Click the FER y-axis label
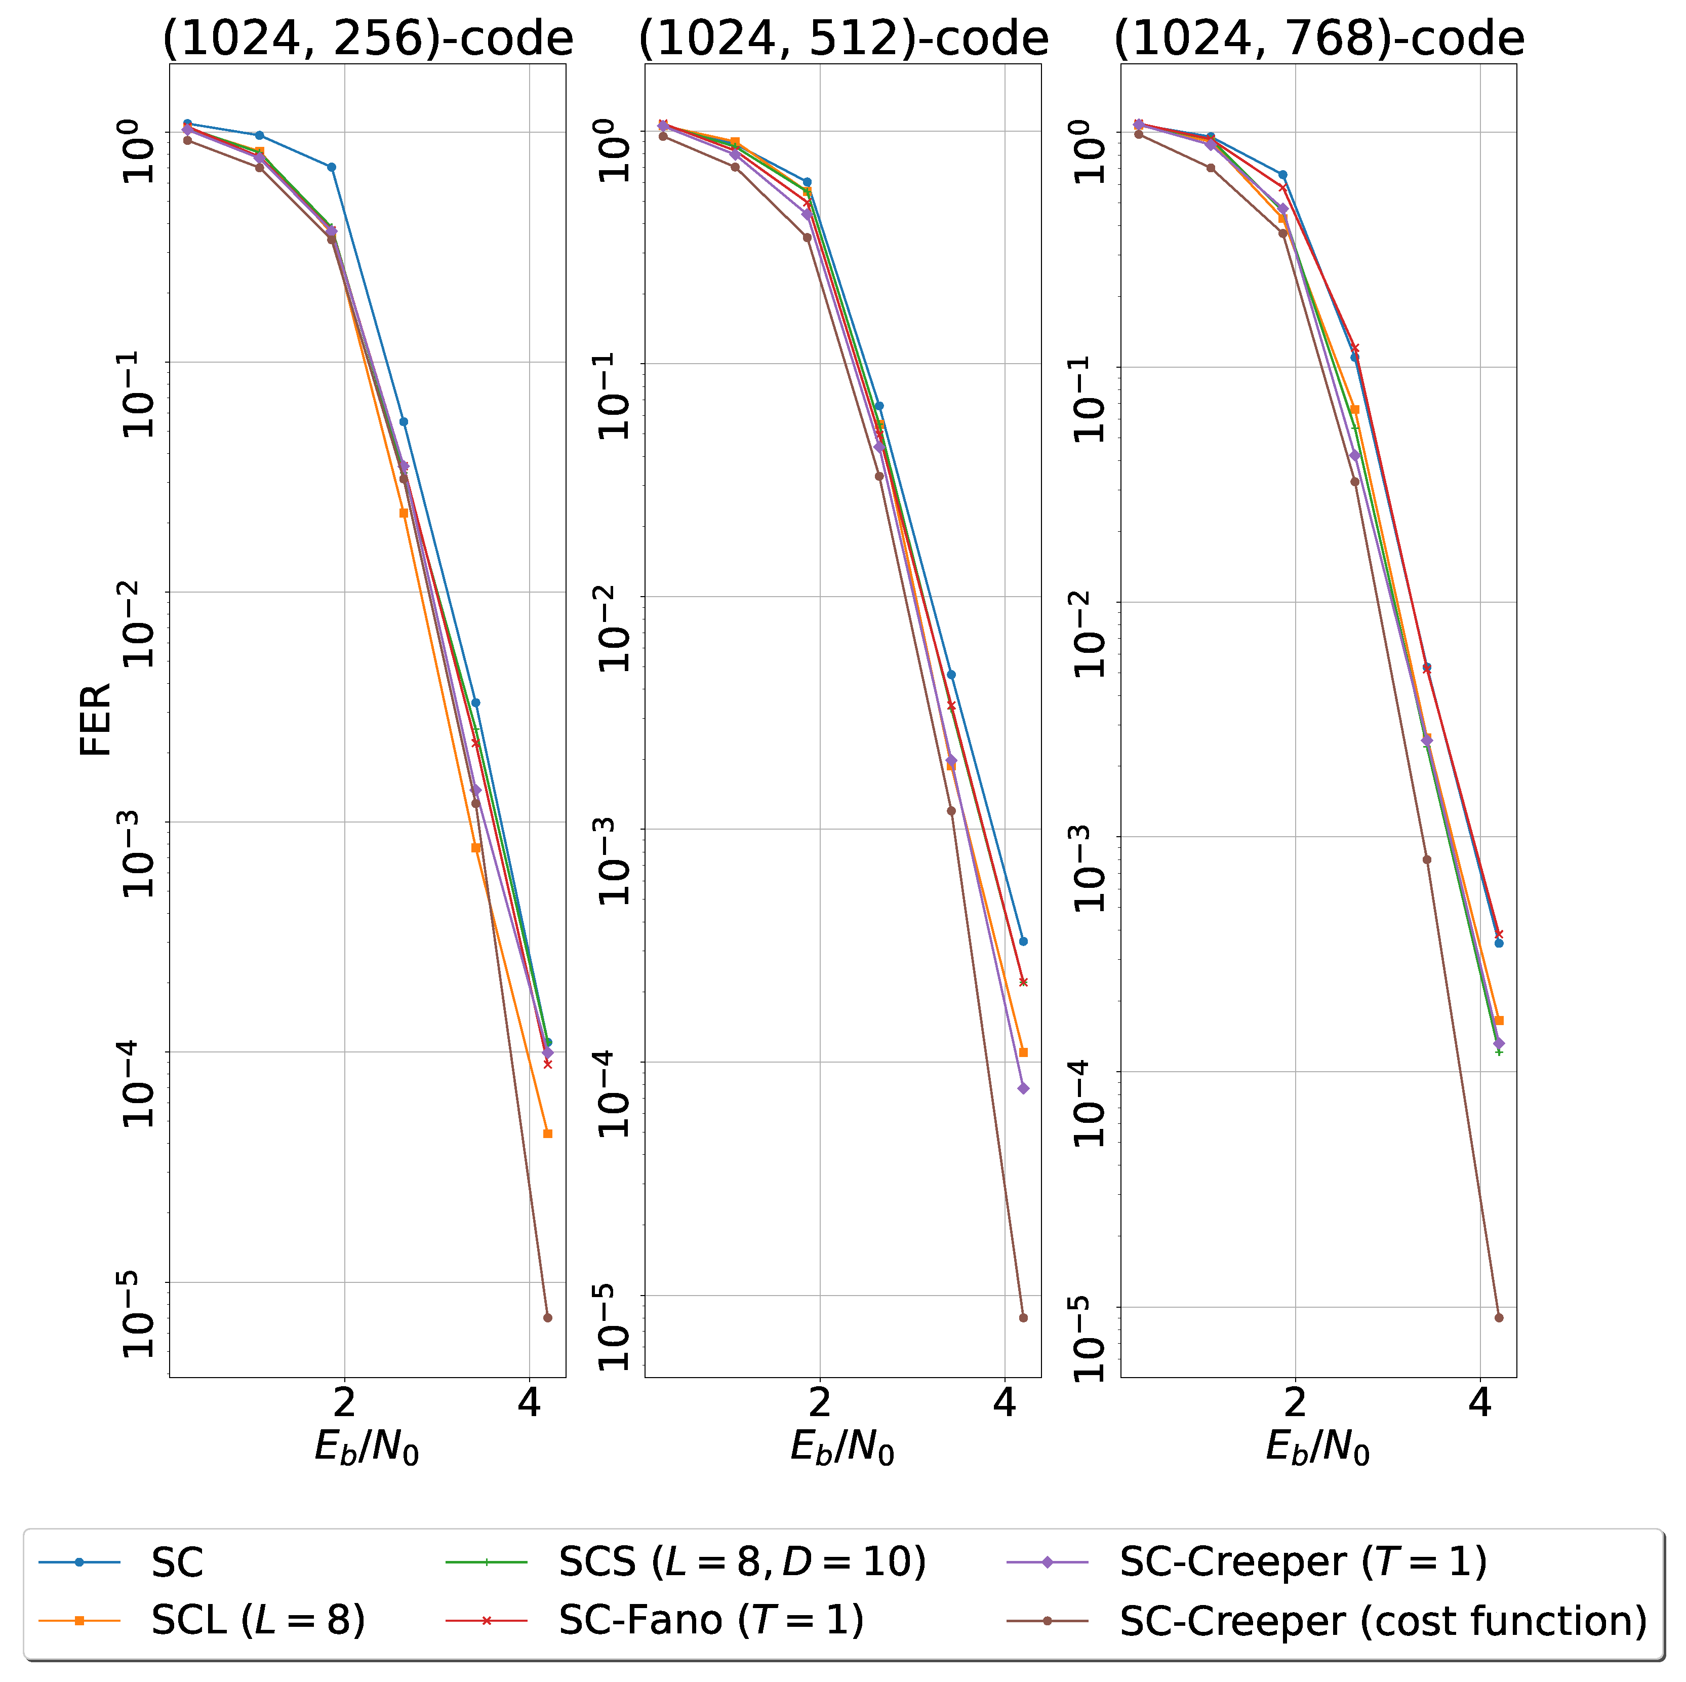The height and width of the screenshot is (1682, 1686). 96,720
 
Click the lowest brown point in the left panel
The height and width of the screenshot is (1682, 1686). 548,1318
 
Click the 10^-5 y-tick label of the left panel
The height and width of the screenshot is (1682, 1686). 140,1314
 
